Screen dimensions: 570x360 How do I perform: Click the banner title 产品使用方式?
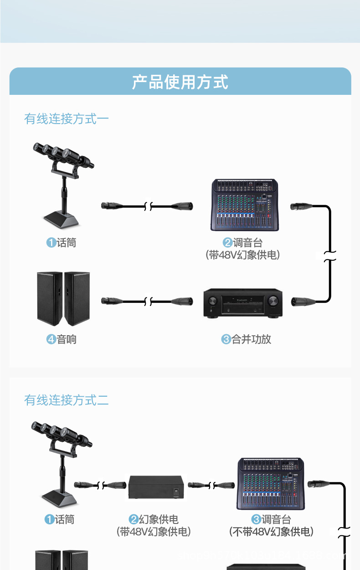(180, 82)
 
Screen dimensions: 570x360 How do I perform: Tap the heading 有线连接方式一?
(67, 119)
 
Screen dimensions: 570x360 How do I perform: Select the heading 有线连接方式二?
(67, 400)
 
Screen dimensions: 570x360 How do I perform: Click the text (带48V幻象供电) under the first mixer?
(243, 255)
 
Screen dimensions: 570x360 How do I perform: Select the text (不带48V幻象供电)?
(272, 532)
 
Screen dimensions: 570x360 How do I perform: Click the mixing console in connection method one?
(245, 205)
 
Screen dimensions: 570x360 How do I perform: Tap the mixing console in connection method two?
(271, 483)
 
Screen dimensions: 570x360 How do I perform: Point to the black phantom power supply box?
(157, 487)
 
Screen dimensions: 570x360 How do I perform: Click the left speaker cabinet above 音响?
(50, 298)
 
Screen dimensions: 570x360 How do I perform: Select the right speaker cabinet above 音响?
(77, 298)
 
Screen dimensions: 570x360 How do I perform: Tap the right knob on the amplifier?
(273, 301)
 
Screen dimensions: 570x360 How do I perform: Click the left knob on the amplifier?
(213, 301)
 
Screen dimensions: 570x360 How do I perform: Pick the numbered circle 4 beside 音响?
(51, 339)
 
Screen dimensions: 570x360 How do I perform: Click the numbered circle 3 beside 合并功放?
(226, 339)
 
